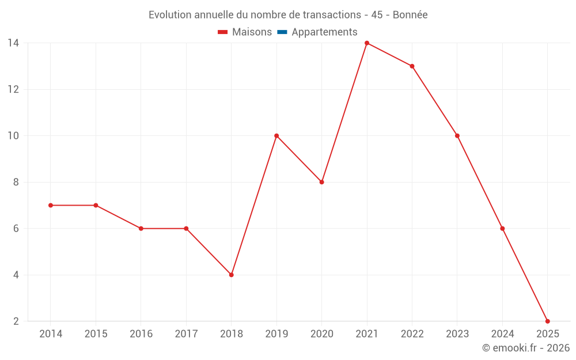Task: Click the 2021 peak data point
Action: (367, 43)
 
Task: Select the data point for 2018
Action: (231, 275)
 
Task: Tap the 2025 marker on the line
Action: (547, 321)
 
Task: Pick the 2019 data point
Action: (276, 136)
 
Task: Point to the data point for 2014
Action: (51, 205)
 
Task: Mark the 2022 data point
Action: (412, 66)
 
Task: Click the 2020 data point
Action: (321, 182)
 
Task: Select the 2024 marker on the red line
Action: (502, 229)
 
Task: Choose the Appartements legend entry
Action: (324, 32)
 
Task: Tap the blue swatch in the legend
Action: (282, 32)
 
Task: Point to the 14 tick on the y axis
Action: (13, 43)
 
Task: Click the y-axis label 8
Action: (16, 182)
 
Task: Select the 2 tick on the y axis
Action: (16, 321)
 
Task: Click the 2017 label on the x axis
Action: (186, 334)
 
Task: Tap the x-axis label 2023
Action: (457, 334)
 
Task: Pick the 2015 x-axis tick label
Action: (96, 334)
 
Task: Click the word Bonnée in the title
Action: (410, 15)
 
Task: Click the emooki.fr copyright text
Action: (526, 348)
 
